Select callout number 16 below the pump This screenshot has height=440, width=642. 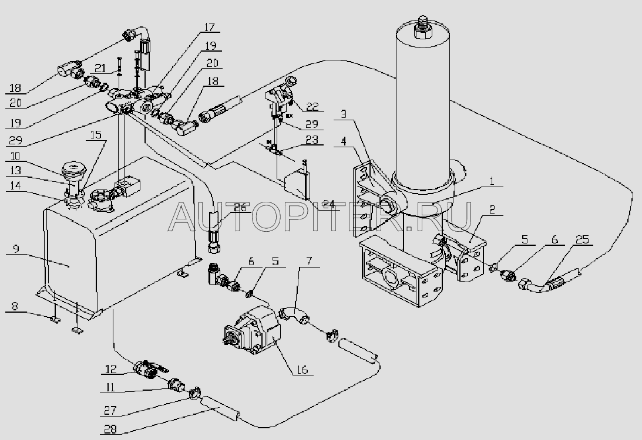coord(302,369)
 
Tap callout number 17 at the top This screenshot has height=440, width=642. coord(209,27)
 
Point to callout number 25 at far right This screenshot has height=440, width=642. coord(582,239)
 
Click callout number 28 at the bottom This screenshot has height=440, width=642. coord(110,428)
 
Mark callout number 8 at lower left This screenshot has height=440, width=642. coord(15,306)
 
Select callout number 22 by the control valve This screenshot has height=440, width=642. coord(312,106)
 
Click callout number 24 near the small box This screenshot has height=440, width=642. coord(328,204)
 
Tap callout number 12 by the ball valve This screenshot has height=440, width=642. coord(110,369)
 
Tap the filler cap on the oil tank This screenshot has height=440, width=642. coord(72,169)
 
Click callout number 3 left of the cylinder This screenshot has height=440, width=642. coord(344,114)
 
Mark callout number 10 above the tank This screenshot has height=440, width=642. coord(15,156)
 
